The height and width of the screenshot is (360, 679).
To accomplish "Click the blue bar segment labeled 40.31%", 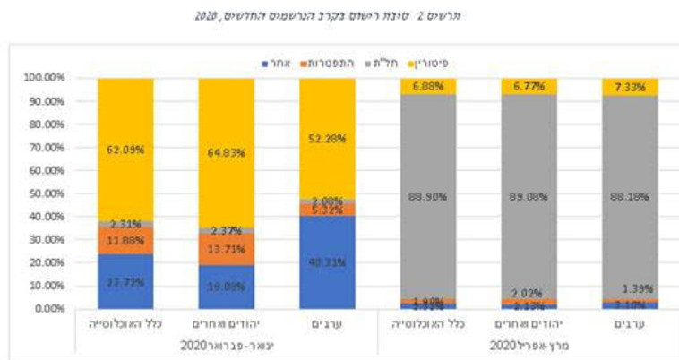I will [328, 262].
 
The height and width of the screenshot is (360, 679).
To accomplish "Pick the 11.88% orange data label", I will [126, 240].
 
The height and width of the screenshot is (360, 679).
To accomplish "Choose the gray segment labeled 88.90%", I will [429, 198].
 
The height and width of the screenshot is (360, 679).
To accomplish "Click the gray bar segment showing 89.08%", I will [529, 198].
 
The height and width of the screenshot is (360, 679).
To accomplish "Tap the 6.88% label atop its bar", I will [429, 85].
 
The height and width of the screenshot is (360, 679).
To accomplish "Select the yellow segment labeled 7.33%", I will [631, 86].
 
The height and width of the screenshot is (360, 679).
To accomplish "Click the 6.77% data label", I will [529, 85].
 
